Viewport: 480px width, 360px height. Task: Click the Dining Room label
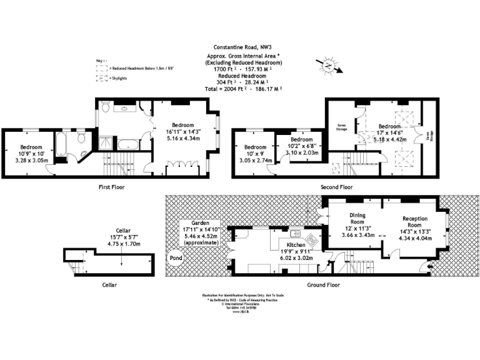pos(357,218)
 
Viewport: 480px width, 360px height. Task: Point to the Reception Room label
pos(414,222)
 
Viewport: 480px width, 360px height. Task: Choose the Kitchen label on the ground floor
pos(296,245)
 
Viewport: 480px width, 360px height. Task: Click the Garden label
pos(200,222)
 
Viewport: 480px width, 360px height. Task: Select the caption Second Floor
pos(337,187)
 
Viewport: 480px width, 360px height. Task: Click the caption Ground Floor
pos(324,284)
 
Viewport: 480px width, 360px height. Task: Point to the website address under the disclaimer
pos(240,311)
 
